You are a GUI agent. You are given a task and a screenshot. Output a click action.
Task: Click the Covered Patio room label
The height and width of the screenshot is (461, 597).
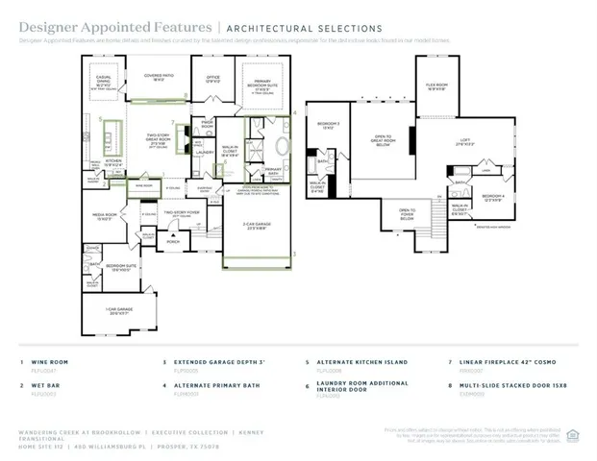(x=159, y=76)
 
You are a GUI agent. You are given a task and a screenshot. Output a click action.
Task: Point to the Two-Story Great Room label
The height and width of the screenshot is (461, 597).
(x=158, y=138)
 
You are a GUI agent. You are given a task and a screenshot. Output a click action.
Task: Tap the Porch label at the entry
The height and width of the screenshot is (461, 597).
(x=173, y=243)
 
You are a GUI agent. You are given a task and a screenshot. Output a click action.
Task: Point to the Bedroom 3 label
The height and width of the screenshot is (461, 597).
(x=329, y=126)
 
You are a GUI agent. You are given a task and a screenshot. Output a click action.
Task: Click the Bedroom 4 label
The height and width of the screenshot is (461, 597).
(x=494, y=199)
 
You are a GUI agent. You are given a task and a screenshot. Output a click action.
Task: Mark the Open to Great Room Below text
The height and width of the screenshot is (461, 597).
(x=383, y=139)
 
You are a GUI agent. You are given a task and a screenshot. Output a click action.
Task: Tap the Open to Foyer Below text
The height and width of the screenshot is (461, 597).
(x=407, y=212)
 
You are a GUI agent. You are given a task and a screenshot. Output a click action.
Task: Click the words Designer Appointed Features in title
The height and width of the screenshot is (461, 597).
(x=79, y=29)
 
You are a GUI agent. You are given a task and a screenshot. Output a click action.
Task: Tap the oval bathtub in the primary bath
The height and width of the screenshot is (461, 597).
(x=282, y=147)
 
